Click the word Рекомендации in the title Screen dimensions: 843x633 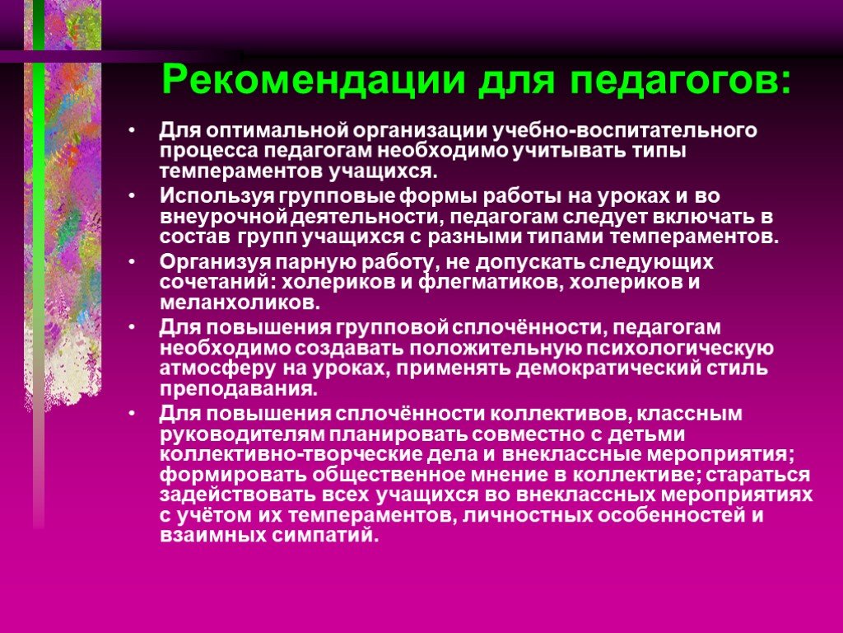point(314,80)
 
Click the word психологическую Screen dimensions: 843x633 point(679,349)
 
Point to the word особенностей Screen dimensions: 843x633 point(671,516)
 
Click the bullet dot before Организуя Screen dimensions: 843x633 point(133,262)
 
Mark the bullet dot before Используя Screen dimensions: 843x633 point(133,196)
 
